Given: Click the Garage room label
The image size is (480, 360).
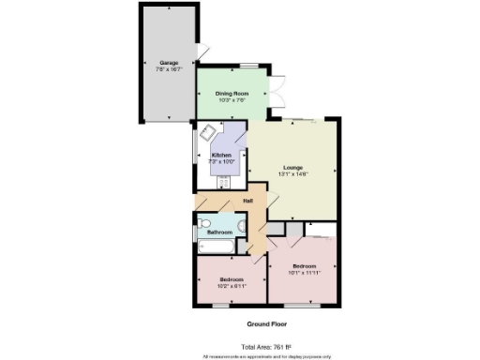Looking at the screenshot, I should pos(169,63).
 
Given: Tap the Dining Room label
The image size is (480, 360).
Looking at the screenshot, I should pos(231,94).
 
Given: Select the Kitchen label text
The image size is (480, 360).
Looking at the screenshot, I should pos(221,155).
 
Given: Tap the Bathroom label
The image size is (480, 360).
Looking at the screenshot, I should pos(218,231).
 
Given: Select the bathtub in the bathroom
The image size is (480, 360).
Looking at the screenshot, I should pos(217,246).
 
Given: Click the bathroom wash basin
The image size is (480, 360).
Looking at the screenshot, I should pos(242,226).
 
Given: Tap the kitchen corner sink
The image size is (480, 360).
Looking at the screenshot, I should pos(206,132).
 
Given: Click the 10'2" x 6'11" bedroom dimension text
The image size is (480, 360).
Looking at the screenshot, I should pos(231,287).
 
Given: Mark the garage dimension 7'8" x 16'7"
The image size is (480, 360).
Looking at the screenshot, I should pos(169,68).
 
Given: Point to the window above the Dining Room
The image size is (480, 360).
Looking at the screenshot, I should pos(249,64).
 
